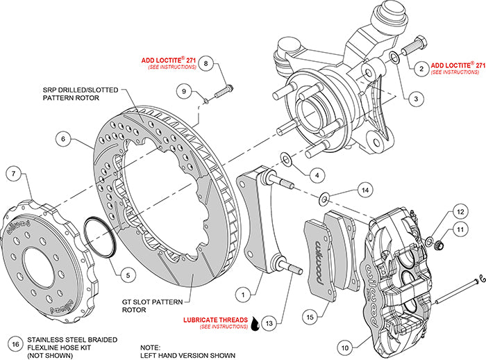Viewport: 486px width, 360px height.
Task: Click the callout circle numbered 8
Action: pyautogui.click(x=206, y=63)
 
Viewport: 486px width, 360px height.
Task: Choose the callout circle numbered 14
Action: pyautogui.click(x=366, y=189)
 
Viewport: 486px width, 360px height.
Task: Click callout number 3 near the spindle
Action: pyautogui.click(x=414, y=99)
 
